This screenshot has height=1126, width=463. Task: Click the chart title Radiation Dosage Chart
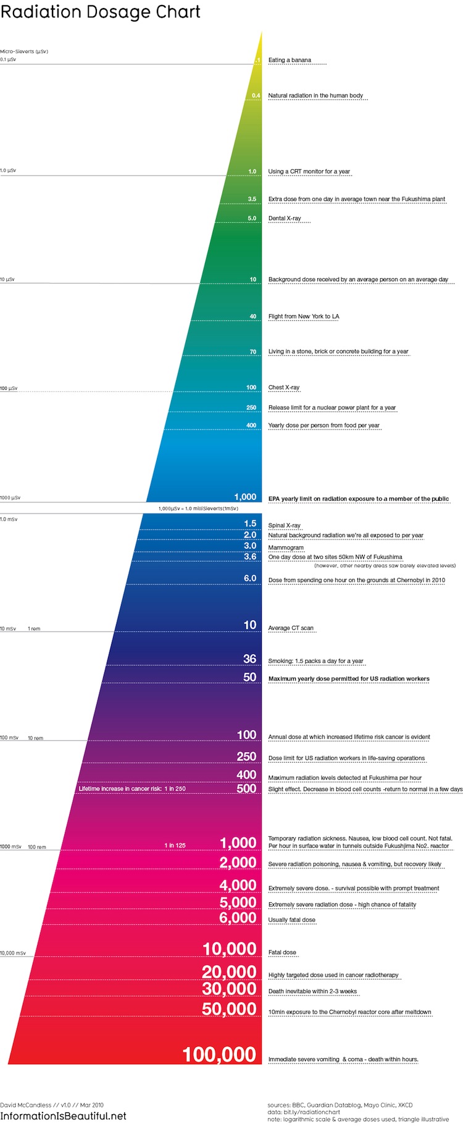101,12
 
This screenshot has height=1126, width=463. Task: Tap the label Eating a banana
290,60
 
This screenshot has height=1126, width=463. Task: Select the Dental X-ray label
285,218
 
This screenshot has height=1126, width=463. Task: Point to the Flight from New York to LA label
304,316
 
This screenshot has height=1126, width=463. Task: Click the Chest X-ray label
284,387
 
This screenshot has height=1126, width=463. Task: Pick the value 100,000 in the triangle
219,1054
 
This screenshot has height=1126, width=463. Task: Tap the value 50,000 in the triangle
229,1009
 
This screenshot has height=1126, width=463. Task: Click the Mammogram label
286,548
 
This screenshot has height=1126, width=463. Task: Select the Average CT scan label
291,628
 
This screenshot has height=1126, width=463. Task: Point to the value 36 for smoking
249,659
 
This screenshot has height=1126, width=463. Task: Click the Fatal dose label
282,952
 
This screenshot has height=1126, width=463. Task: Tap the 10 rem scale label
36,738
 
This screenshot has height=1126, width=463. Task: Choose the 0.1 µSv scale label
8,59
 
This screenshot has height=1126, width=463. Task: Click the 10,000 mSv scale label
13,953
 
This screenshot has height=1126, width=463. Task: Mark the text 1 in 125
175,845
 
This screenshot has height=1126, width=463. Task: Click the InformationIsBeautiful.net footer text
63,1116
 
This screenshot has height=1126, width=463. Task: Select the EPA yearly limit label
359,499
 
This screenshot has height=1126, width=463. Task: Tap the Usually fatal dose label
292,920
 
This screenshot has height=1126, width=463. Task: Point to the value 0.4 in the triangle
256,96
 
